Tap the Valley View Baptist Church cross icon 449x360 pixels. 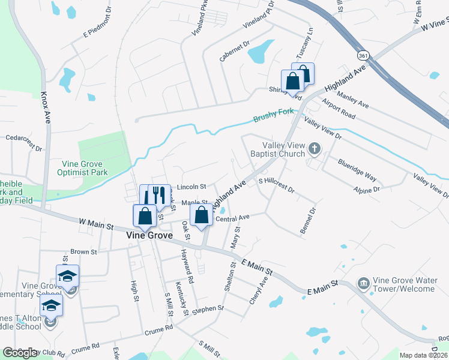pos(314,148)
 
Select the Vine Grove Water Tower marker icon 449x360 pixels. pos(363,283)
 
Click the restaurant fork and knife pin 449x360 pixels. pos(159,195)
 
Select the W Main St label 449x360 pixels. pos(96,225)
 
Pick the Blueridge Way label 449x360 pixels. pos(357,170)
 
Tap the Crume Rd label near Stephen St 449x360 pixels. pos(158,329)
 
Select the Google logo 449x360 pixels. pos(20,353)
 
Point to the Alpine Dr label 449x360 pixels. pos(367,189)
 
